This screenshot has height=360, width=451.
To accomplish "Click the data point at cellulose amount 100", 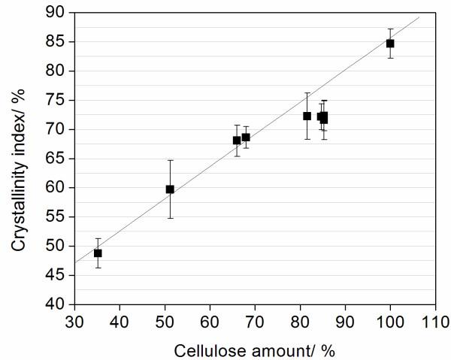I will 390,44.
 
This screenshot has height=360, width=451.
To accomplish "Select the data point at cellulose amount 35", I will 98,253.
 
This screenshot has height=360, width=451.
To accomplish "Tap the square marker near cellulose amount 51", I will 170,189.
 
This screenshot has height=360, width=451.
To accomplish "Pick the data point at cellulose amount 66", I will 237,141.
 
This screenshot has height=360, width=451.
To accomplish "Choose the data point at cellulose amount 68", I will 246,138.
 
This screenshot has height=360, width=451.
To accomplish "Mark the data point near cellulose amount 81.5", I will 307,116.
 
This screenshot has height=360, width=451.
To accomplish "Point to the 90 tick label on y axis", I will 55,12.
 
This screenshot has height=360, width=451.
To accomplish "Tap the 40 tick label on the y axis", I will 55,304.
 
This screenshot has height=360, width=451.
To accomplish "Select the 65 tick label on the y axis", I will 55,159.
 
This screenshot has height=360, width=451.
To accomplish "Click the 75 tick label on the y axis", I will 55,100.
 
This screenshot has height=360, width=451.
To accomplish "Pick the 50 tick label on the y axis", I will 55,246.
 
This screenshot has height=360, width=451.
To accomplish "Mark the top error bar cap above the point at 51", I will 170,160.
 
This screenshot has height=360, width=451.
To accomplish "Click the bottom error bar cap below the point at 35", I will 98,268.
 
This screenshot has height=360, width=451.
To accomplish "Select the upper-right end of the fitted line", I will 419,16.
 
